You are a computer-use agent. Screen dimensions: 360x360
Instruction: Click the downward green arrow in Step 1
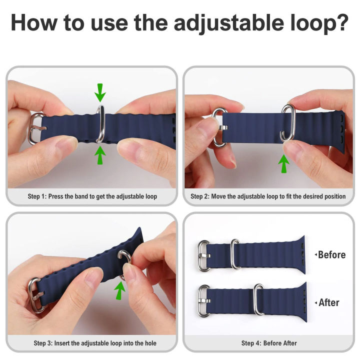[x=100, y=93]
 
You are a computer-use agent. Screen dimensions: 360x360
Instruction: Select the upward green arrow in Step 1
[x=100, y=155]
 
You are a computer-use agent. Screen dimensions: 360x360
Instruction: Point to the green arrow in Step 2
[x=284, y=163]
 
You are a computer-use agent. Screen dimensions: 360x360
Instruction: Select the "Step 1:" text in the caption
[x=37, y=196]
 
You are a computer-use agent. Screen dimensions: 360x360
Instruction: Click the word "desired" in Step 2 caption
[x=315, y=196]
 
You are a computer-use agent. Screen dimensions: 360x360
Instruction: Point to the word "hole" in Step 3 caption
[x=150, y=343]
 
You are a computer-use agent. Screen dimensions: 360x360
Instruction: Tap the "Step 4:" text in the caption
[x=251, y=343]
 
